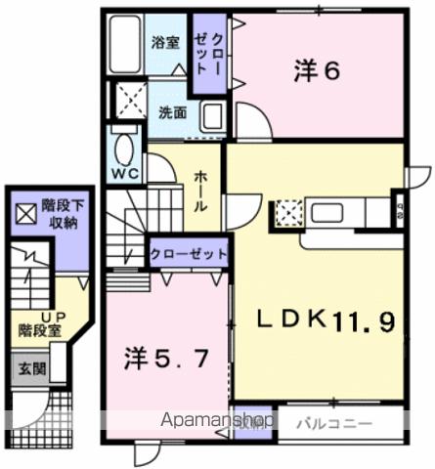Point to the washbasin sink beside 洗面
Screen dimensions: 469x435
coord(213,116)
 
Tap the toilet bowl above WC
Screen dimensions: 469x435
coord(125,149)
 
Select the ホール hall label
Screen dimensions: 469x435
coord(199,188)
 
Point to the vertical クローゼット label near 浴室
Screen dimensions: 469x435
coord(205,54)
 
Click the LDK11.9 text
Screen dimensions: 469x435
coord(327,320)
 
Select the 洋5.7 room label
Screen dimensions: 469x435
coord(165,359)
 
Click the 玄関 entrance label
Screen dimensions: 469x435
coord(27,368)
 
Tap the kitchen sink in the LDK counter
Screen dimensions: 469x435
coord(326,212)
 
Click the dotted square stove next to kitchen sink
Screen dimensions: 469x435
coord(288,212)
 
